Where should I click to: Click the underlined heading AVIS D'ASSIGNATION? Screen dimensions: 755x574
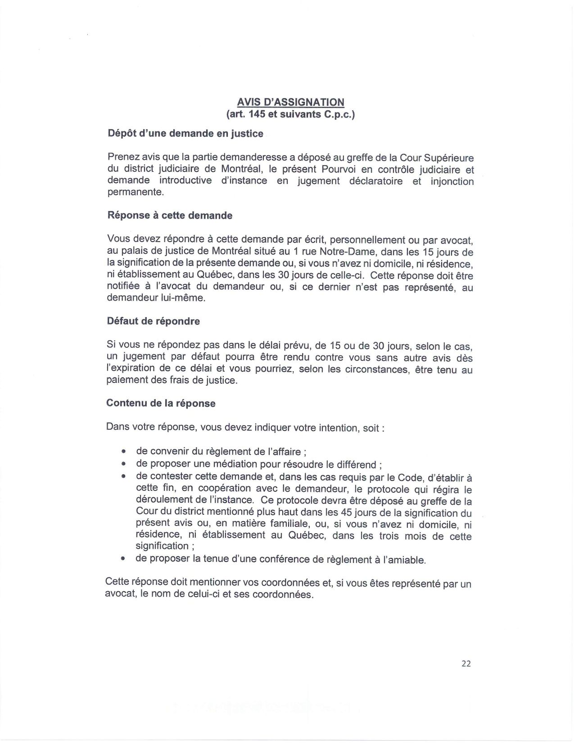click(291, 102)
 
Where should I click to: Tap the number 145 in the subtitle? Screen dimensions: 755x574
click(257, 115)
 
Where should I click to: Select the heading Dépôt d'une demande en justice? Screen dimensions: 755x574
click(185, 134)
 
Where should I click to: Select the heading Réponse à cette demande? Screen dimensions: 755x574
click(170, 216)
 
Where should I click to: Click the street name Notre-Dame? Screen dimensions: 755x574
click(347, 252)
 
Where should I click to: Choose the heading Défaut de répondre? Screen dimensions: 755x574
click(153, 321)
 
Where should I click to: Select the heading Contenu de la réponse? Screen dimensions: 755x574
click(161, 403)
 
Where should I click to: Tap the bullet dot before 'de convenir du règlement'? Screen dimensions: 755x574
click(123, 451)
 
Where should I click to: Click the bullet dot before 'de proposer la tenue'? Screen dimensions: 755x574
click(122, 559)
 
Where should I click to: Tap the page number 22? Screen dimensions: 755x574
click(466, 663)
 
